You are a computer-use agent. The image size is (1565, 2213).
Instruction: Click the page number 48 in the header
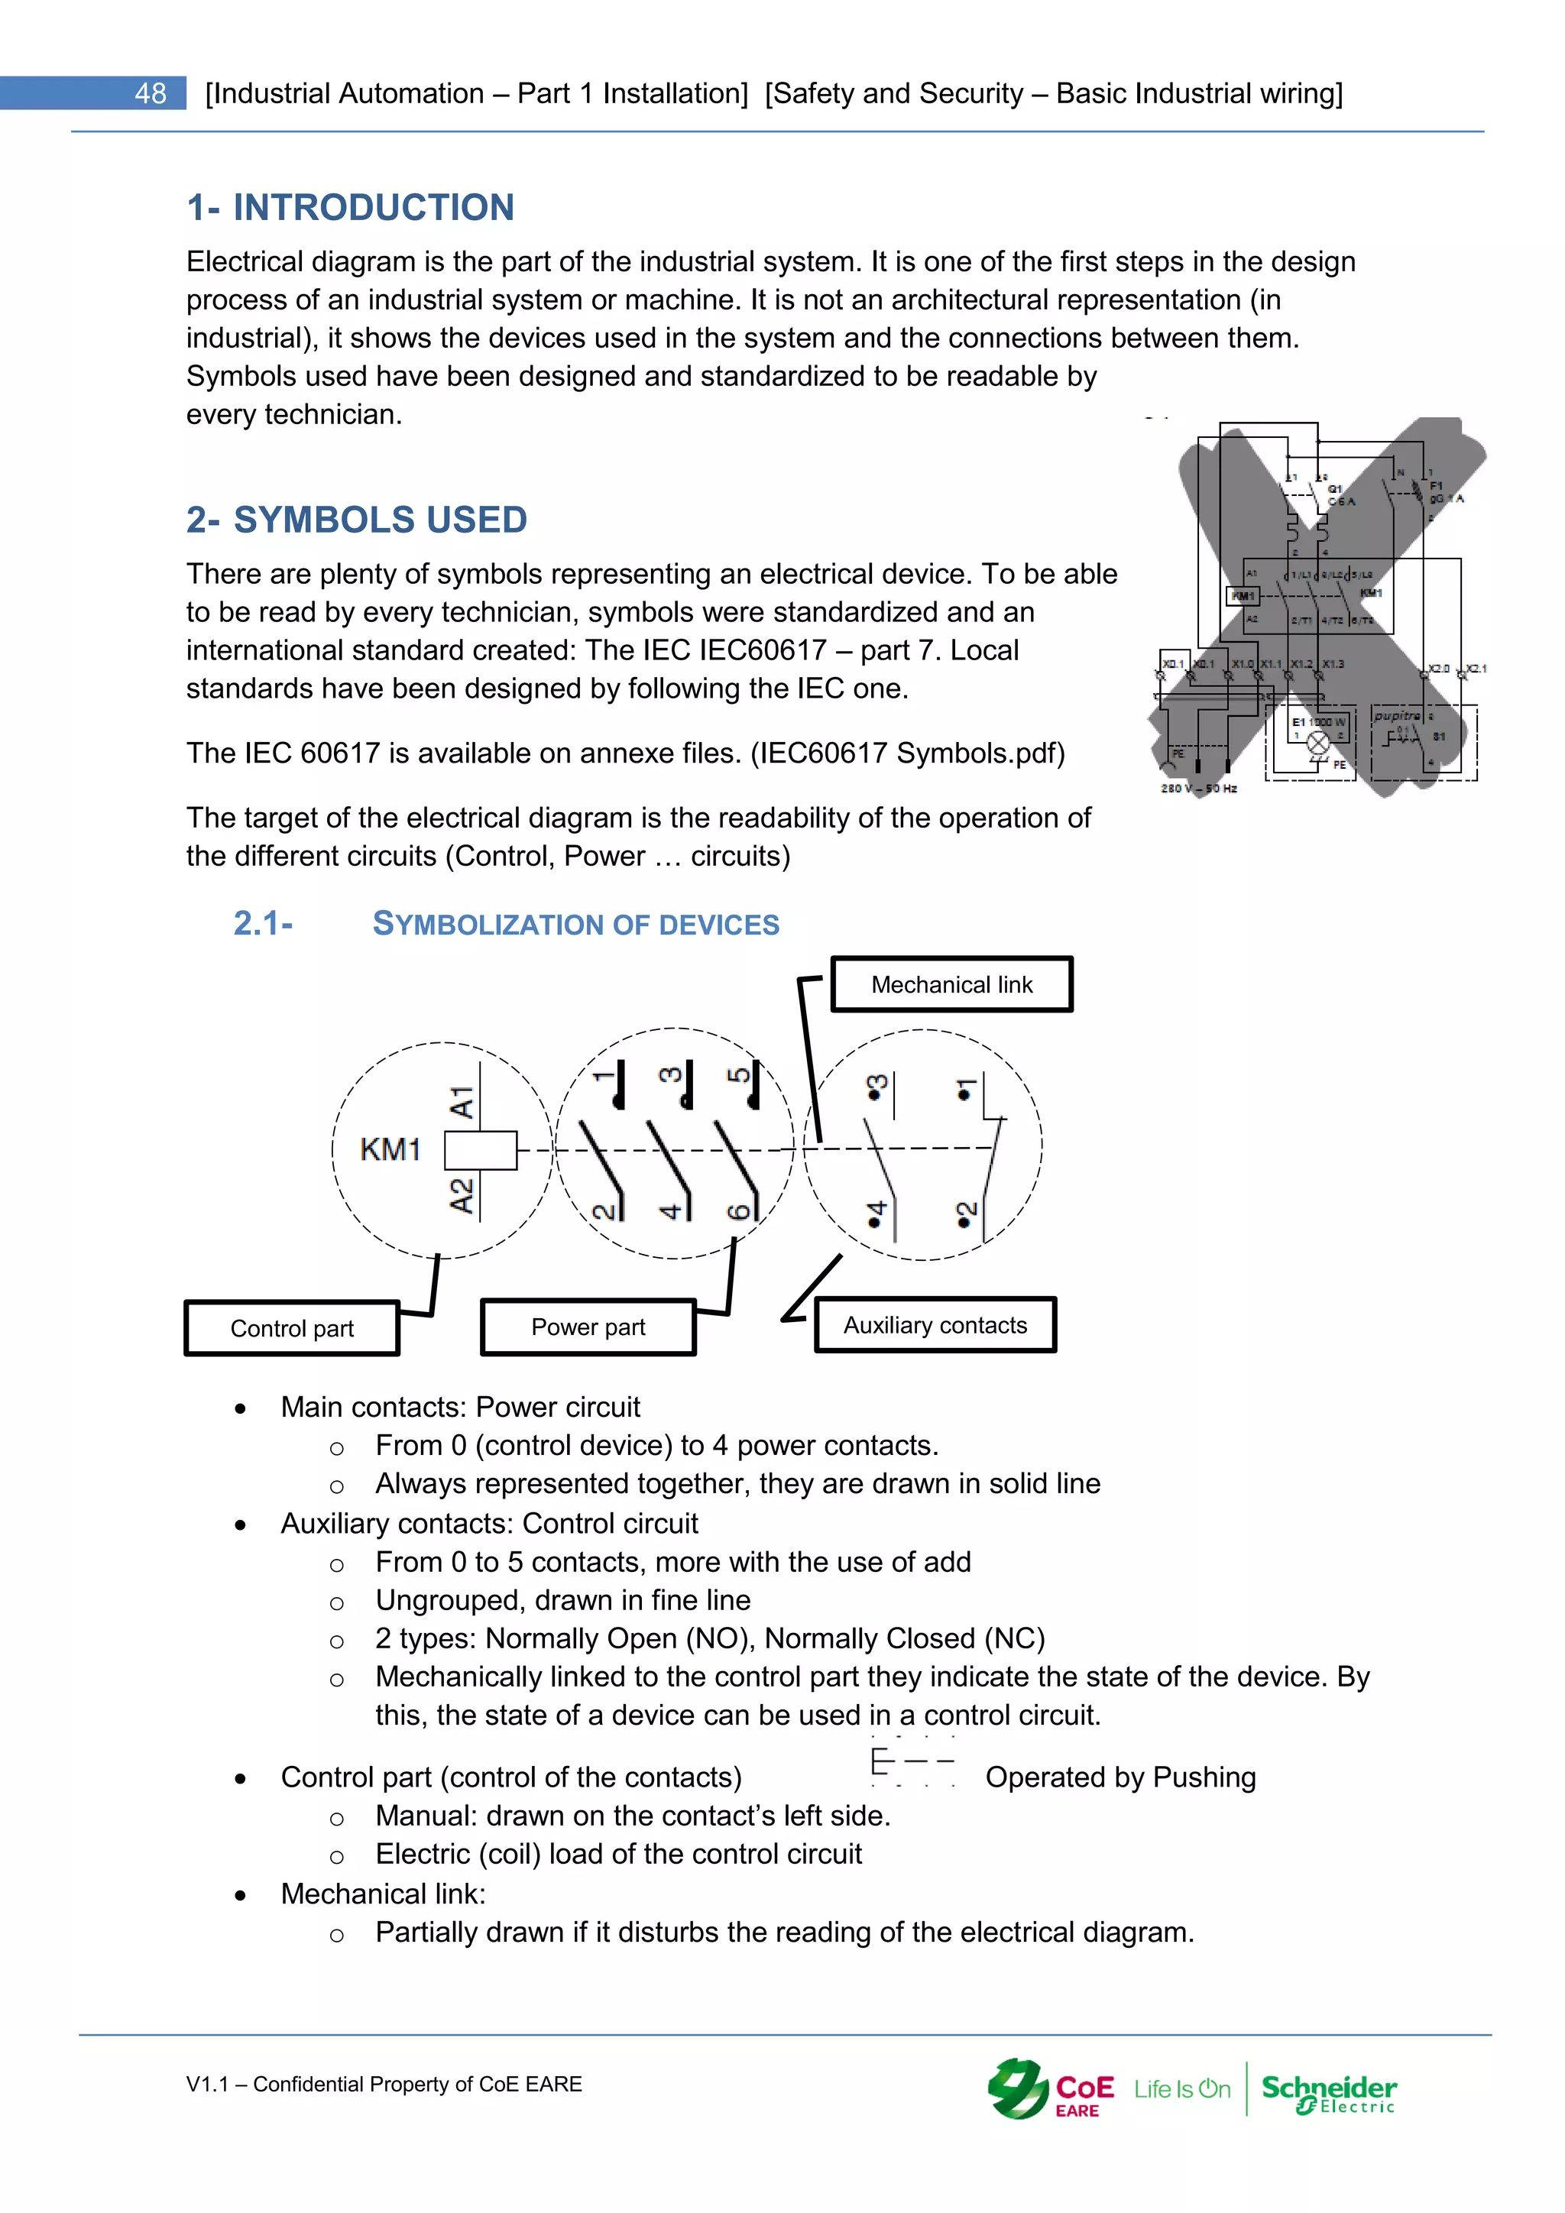click(x=151, y=93)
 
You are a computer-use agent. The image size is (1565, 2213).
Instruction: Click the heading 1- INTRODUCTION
click(x=350, y=207)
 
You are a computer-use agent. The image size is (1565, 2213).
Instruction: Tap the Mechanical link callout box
click(x=951, y=984)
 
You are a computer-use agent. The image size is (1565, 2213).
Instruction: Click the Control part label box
click(x=291, y=1328)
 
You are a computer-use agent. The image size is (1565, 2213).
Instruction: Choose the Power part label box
click(x=588, y=1327)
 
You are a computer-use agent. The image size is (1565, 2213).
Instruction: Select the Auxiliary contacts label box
click(x=935, y=1325)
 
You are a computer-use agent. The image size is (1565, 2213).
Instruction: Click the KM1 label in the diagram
click(x=390, y=1149)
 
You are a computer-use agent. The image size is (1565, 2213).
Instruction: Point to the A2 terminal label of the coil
click(x=462, y=1195)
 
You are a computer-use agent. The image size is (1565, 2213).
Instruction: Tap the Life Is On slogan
click(x=1182, y=2088)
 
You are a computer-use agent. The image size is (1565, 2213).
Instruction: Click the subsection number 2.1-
click(x=263, y=923)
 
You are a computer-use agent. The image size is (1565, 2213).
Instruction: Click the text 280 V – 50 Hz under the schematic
click(x=1198, y=789)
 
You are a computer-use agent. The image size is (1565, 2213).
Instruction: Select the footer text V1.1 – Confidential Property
click(x=384, y=2084)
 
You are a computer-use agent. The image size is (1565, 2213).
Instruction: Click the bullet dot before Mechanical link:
click(x=240, y=1895)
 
